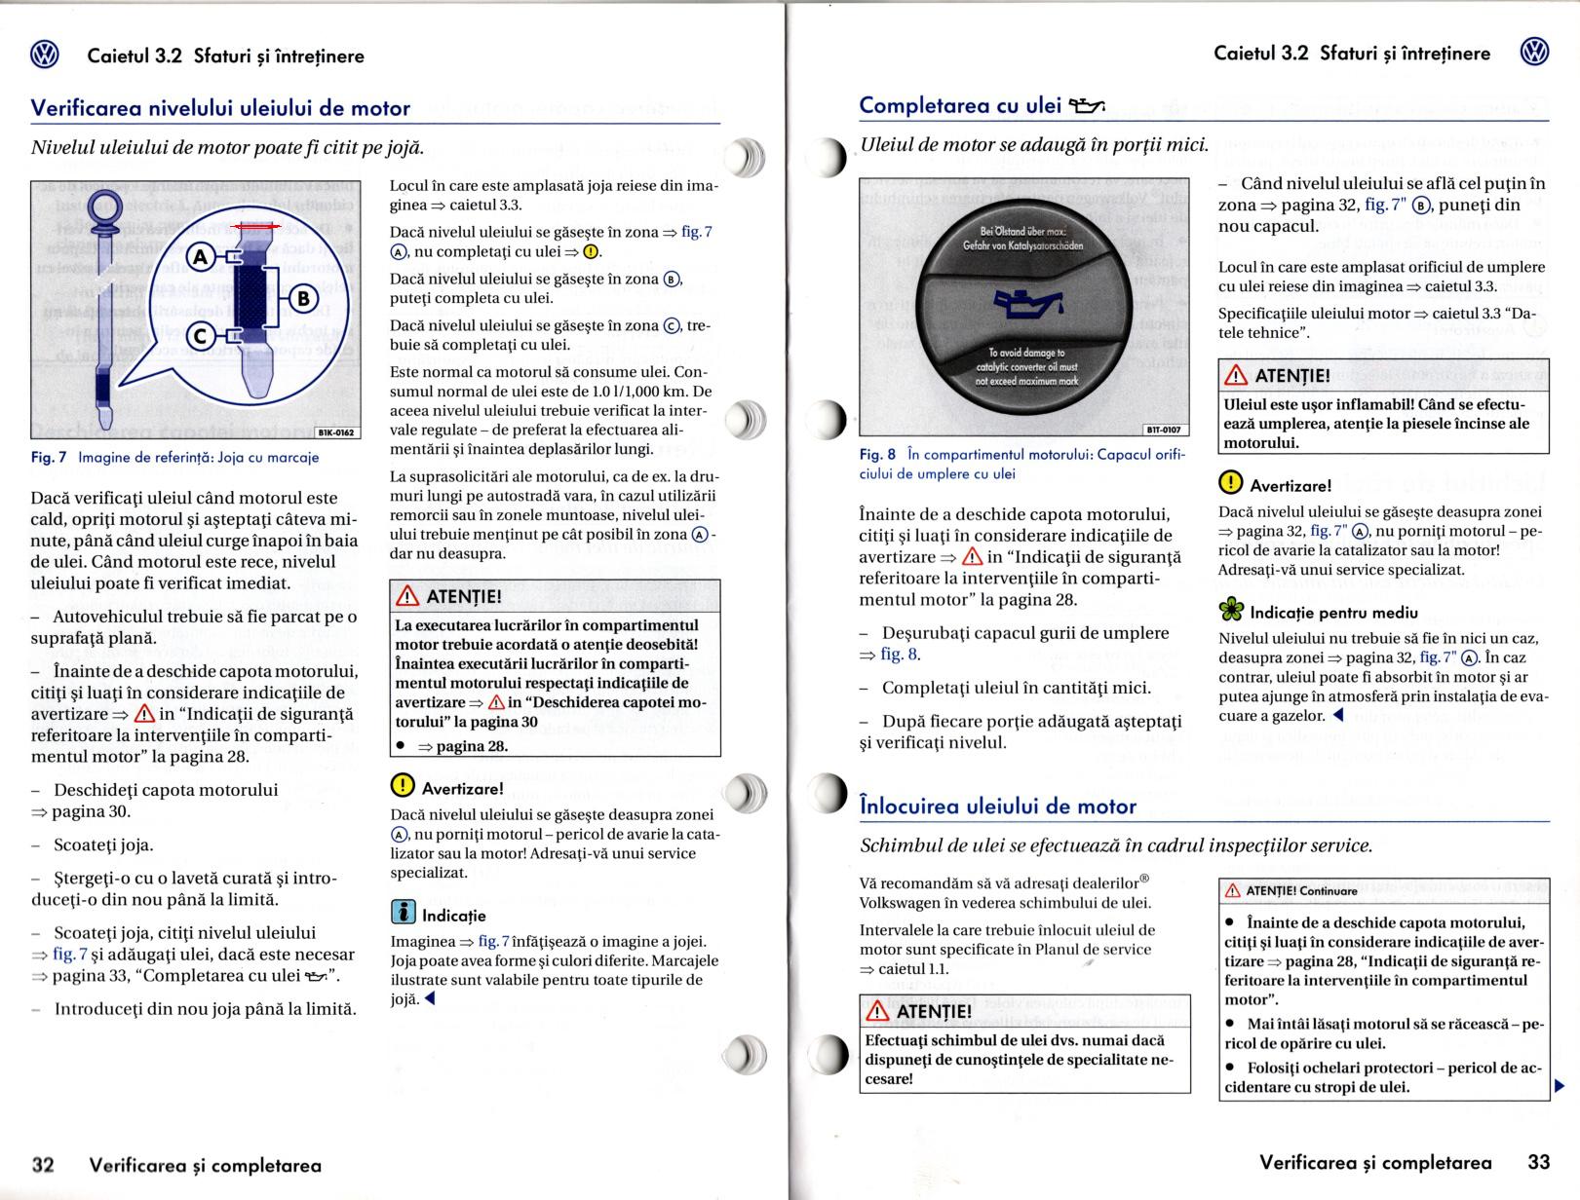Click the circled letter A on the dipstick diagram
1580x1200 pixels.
pyautogui.click(x=201, y=257)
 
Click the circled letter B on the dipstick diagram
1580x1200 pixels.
pyautogui.click(x=302, y=297)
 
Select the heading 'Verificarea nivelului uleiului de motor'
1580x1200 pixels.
pyautogui.click(x=220, y=108)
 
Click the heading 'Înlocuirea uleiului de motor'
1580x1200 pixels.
pyautogui.click(x=998, y=806)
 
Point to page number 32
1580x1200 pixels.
pyautogui.click(x=43, y=1164)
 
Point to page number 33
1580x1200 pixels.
pyautogui.click(x=1538, y=1162)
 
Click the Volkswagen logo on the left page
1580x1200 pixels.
pyautogui.click(x=45, y=56)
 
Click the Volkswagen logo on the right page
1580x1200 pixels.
pyautogui.click(x=1535, y=53)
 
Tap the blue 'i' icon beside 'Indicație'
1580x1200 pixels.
pyautogui.click(x=403, y=913)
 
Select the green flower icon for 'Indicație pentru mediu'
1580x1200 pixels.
pyautogui.click(x=1232, y=611)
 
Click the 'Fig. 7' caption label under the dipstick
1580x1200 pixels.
pyautogui.click(x=49, y=457)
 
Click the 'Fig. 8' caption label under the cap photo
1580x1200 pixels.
pyautogui.click(x=877, y=455)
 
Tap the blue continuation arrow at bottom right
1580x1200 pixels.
pyautogui.click(x=1560, y=1085)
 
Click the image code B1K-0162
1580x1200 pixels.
pyautogui.click(x=337, y=432)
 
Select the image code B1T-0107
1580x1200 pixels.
pyautogui.click(x=1164, y=430)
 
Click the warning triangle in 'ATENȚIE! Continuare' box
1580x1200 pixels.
pyautogui.click(x=1233, y=890)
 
